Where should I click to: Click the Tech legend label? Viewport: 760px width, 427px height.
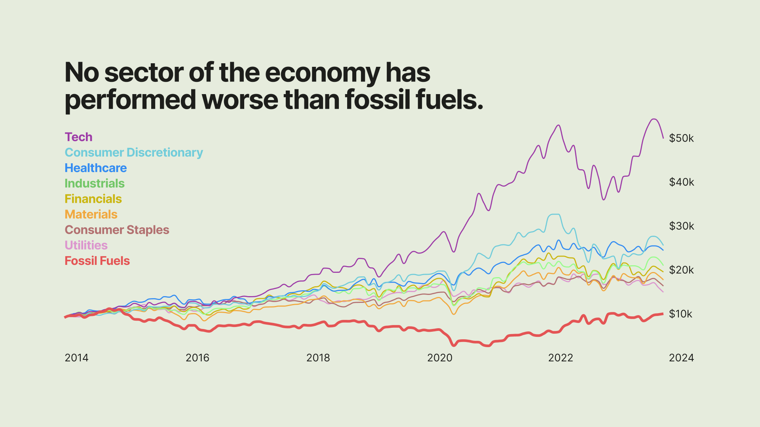(78, 137)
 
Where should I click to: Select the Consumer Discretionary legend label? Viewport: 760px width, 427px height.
(134, 153)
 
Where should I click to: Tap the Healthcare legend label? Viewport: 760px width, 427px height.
(96, 168)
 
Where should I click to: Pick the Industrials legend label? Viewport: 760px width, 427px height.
(95, 183)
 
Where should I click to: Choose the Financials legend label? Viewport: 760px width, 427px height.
(93, 199)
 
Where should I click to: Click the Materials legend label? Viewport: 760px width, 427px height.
(91, 214)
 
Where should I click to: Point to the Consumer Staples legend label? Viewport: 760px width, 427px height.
(117, 230)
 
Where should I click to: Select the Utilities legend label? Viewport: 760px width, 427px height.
(86, 245)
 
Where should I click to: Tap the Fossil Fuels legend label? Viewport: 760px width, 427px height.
(97, 261)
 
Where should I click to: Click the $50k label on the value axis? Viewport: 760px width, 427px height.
(681, 138)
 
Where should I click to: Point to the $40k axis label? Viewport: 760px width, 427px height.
(681, 182)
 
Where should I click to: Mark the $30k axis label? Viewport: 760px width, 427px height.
(681, 226)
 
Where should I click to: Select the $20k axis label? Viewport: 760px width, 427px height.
(681, 270)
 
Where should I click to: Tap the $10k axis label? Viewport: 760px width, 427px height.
(680, 314)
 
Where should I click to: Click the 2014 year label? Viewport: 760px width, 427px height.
(76, 358)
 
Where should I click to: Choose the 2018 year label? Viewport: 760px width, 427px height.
(318, 358)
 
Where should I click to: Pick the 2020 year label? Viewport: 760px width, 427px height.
(439, 358)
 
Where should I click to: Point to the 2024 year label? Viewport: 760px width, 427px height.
(681, 358)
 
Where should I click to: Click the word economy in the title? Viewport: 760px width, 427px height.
(322, 74)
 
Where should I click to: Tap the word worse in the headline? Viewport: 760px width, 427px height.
(240, 100)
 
